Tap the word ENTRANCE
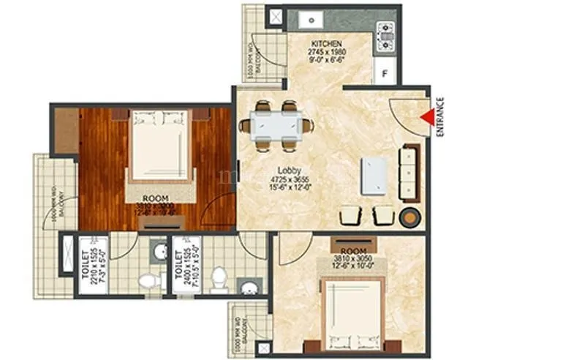[x=440, y=117]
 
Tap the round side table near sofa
[x=409, y=217]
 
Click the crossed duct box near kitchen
[x=276, y=17]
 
